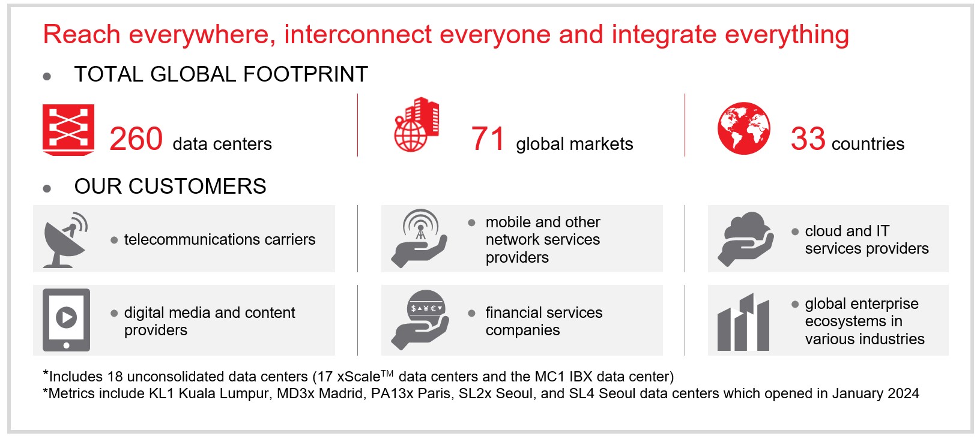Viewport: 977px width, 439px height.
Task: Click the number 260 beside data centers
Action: (136, 139)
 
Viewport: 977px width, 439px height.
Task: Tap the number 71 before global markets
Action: (488, 139)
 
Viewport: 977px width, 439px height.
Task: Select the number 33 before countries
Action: (808, 139)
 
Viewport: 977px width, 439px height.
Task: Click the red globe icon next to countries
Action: (743, 128)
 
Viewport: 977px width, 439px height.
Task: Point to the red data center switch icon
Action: (68, 130)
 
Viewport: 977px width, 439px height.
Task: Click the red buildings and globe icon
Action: (417, 124)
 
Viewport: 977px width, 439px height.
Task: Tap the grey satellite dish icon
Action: (65, 239)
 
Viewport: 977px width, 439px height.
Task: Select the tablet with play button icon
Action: (66, 320)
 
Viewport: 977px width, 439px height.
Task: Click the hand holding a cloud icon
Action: (745, 239)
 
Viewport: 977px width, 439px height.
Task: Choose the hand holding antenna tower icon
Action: (419, 238)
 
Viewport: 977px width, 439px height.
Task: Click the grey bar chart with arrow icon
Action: (743, 322)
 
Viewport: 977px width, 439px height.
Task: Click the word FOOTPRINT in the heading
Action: (305, 74)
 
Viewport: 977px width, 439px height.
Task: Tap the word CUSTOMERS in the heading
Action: (197, 187)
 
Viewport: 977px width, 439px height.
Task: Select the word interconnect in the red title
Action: (358, 34)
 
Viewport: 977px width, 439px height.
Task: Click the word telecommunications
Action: (190, 239)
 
